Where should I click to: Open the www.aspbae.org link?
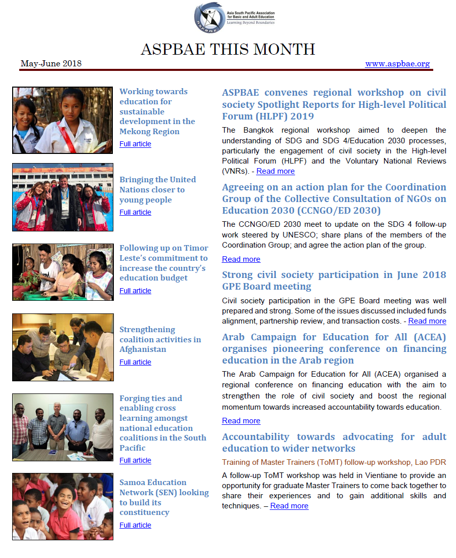click(397, 64)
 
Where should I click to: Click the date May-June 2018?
click(51, 64)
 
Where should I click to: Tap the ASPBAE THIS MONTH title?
click(228, 49)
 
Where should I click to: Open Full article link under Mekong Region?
click(135, 144)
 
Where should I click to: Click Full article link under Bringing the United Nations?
click(135, 212)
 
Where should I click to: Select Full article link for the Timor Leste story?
click(135, 291)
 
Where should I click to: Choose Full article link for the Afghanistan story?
click(135, 362)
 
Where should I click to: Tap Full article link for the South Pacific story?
click(135, 460)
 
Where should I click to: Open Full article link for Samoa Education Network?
click(135, 525)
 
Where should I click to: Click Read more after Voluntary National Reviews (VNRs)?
click(275, 171)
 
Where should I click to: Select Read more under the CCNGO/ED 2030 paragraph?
click(241, 259)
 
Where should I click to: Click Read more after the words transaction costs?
click(427, 321)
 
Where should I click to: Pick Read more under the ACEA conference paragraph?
click(241, 421)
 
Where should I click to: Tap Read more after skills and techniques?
click(289, 506)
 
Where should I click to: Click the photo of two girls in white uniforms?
click(63, 120)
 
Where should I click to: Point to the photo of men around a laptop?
click(63, 347)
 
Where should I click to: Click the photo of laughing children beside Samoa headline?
click(63, 506)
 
